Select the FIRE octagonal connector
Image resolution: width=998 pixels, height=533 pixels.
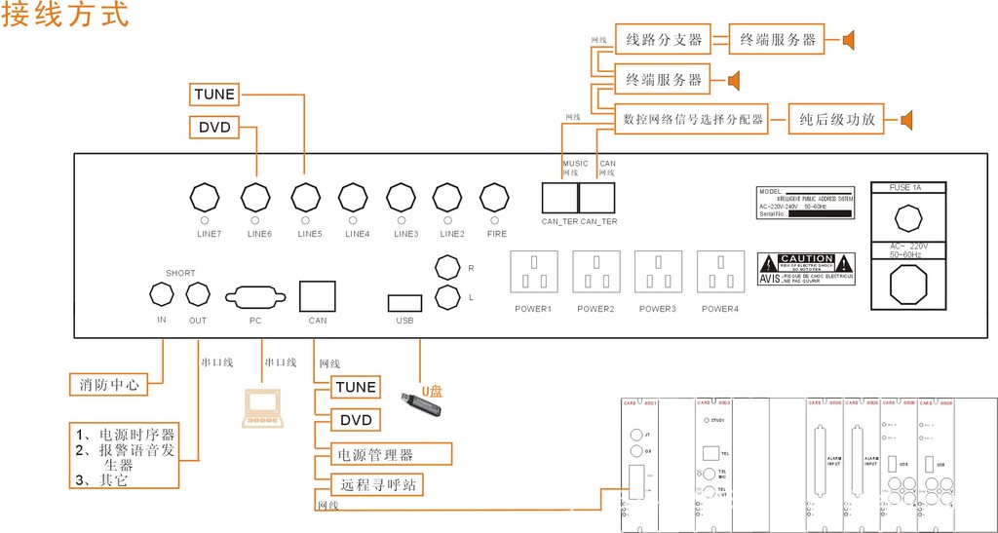[x=497, y=198]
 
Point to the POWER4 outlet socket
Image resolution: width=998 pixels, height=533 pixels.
[x=721, y=272]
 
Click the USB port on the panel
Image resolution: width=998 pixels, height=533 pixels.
[x=404, y=302]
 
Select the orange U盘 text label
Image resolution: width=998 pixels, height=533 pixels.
[x=432, y=391]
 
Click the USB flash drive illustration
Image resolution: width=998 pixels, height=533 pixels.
[x=423, y=405]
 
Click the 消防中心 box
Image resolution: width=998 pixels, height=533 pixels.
[x=107, y=384]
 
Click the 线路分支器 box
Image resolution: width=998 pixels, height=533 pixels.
[x=664, y=40]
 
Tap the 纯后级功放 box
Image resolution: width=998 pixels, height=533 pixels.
[x=835, y=120]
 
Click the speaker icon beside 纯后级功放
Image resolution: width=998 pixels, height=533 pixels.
[x=907, y=120]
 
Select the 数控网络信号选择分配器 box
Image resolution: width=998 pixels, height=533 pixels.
[x=693, y=120]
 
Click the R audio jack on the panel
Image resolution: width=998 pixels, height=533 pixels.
[x=447, y=267]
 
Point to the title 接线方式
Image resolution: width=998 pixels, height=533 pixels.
[x=64, y=17]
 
